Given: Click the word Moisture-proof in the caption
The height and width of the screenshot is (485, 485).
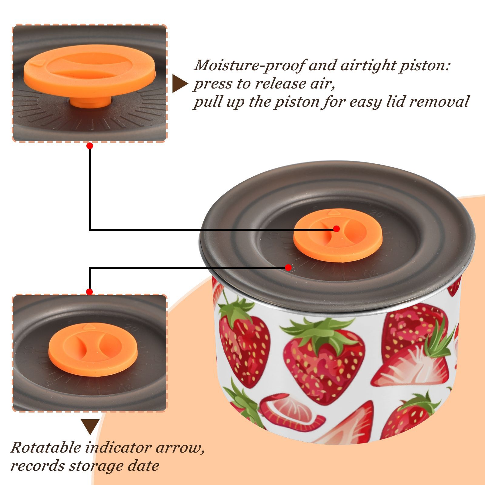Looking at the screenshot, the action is (x=248, y=65).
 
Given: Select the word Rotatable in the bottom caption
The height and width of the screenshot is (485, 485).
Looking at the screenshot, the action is (x=46, y=447).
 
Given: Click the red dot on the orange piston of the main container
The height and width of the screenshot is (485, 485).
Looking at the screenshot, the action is (x=336, y=229).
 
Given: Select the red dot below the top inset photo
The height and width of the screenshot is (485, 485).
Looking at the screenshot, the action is (x=89, y=146).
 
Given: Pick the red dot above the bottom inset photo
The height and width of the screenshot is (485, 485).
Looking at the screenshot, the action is (x=89, y=292).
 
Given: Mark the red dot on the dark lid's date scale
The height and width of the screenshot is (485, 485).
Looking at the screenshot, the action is (x=288, y=268).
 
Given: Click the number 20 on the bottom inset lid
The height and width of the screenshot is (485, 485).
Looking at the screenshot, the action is (x=132, y=328).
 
